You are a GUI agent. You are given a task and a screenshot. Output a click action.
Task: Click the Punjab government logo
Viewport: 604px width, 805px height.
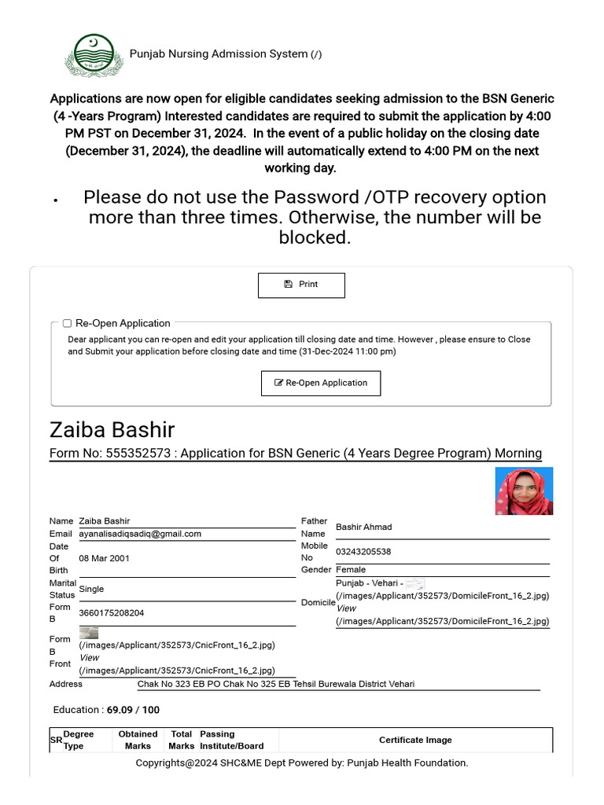pos(94,54)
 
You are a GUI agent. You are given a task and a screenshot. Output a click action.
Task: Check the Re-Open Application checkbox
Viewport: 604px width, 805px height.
pos(68,323)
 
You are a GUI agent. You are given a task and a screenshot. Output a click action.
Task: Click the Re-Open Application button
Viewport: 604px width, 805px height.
pos(321,383)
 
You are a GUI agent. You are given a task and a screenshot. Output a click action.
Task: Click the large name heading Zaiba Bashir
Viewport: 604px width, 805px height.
pos(112,430)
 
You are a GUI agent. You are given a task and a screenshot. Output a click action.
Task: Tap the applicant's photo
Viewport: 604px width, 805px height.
pos(524,491)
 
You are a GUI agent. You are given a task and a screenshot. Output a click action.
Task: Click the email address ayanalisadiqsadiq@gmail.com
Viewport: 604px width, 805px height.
pos(140,534)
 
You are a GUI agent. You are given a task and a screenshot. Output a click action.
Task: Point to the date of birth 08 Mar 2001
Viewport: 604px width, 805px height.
pos(105,558)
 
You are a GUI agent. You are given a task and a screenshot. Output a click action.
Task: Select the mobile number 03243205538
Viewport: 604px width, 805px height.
pos(363,552)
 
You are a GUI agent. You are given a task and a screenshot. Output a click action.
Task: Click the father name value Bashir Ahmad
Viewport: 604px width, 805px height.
pos(363,527)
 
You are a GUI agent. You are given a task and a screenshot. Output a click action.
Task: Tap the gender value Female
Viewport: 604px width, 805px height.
pos(351,570)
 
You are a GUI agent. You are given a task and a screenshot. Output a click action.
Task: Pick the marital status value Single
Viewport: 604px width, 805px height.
pos(91,589)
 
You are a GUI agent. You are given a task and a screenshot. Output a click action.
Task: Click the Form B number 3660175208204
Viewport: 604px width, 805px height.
pos(112,612)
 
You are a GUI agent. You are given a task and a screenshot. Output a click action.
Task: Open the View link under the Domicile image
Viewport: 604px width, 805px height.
pos(346,608)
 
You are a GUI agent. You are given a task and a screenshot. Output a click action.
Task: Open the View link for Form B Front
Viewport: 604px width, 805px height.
pos(90,658)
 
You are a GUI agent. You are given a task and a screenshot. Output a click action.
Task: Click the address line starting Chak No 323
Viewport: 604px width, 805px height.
pos(275,684)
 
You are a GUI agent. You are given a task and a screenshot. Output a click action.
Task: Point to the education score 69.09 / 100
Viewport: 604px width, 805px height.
pos(133,710)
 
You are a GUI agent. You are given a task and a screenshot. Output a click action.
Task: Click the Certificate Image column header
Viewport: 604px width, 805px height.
pos(415,740)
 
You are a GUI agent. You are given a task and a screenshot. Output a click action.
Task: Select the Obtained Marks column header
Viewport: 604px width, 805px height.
pos(138,740)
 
